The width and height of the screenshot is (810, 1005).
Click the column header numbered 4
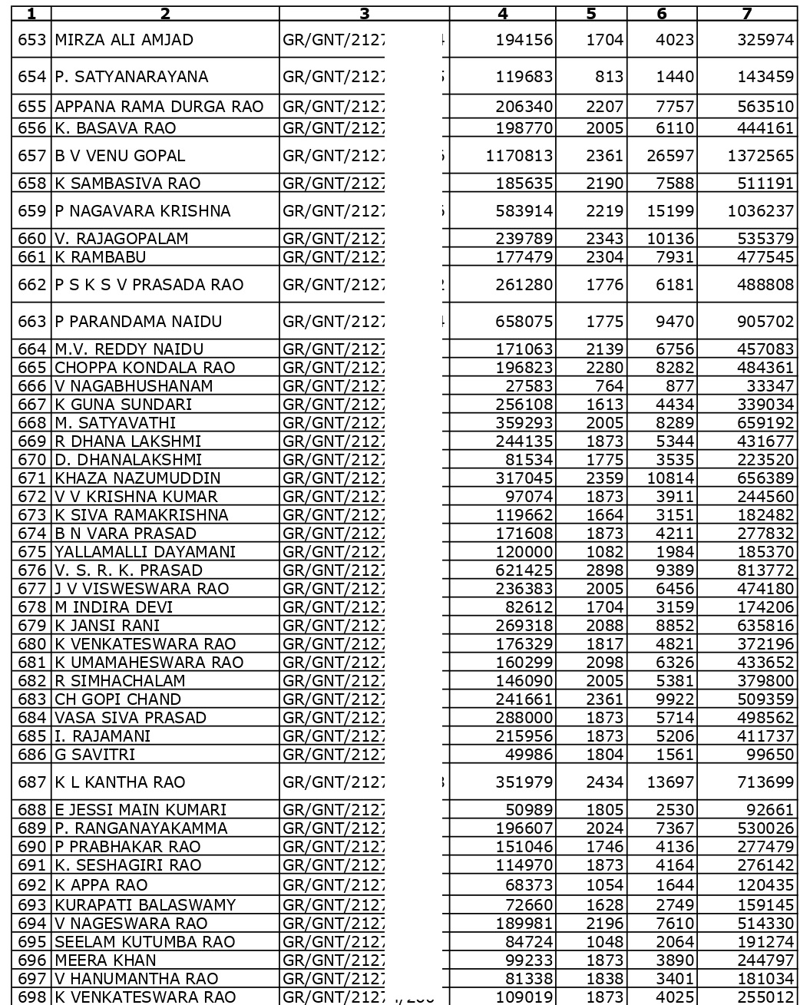[503, 13]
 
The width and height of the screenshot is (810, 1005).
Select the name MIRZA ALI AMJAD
[124, 39]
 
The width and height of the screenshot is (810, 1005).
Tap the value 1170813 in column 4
[519, 156]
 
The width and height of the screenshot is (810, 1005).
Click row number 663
[32, 322]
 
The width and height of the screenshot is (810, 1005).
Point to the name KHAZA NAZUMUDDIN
[137, 478]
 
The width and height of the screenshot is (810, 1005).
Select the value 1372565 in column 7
[760, 156]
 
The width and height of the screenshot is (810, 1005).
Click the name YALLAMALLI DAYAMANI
[145, 552]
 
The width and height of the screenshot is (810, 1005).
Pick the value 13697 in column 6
[670, 782]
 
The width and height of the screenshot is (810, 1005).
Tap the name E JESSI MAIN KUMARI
[141, 810]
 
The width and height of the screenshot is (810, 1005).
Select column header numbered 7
[746, 13]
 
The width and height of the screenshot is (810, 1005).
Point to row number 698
[32, 997]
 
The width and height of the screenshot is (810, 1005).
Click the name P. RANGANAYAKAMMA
[141, 828]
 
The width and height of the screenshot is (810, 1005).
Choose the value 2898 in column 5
[604, 570]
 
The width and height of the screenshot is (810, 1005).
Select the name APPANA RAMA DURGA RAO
[159, 107]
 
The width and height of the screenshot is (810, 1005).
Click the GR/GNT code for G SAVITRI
[334, 755]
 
